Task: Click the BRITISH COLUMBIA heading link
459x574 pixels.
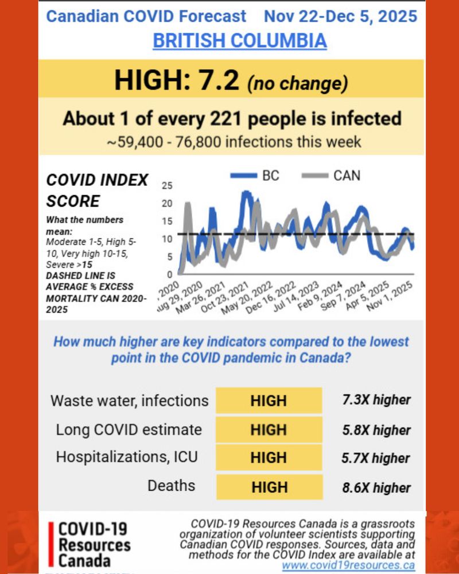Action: [239, 41]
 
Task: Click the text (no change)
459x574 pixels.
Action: [297, 83]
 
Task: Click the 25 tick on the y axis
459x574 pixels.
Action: [168, 186]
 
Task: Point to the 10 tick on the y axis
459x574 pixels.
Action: [168, 239]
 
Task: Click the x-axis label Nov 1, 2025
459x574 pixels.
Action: [395, 296]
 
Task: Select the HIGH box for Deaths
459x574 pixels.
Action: [269, 487]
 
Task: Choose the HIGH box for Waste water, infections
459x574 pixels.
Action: [269, 400]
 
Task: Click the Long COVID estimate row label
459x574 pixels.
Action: [129, 429]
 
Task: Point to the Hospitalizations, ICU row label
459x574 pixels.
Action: [126, 457]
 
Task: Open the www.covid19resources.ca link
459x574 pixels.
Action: [348, 565]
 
